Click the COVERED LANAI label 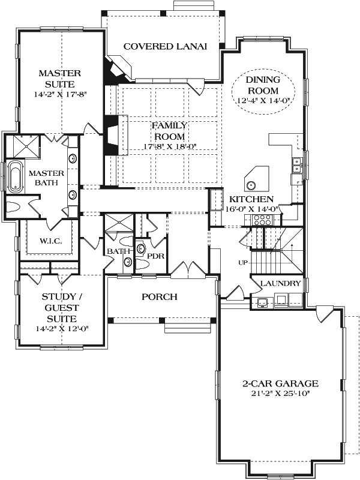(x=165, y=46)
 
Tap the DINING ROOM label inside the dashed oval (x=262, y=85)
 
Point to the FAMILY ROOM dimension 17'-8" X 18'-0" (x=170, y=145)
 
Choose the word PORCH (x=160, y=297)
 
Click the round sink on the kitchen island (x=251, y=185)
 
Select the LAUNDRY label (x=281, y=283)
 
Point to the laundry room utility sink (x=262, y=302)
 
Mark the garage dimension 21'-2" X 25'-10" (x=280, y=394)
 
